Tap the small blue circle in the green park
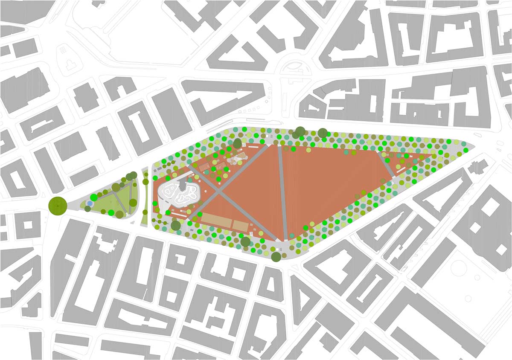click(x=89, y=203)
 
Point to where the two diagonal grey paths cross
click(x=221, y=193)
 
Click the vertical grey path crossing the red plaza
click(x=282, y=192)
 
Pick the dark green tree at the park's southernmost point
click(x=276, y=257)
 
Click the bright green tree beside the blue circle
click(x=93, y=197)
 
